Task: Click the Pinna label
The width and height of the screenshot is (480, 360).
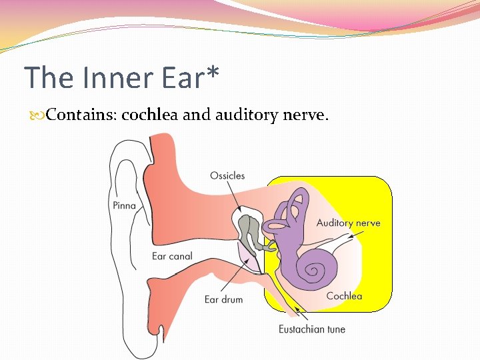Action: coord(123,205)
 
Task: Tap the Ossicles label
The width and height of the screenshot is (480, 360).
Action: coord(227,176)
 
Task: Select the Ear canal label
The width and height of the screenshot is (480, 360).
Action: coord(172,256)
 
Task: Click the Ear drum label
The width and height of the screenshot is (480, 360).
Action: coord(224,299)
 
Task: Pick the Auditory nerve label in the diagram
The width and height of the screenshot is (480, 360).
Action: coord(348,223)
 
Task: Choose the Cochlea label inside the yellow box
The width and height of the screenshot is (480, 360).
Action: coord(344,296)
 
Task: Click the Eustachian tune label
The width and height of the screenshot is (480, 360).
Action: coord(312,329)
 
